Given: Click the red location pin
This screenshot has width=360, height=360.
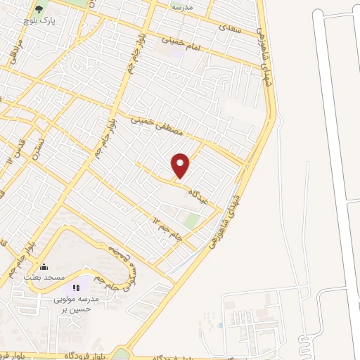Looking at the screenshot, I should click(x=181, y=165).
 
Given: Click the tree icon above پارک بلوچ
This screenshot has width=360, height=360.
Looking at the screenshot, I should click(x=39, y=10).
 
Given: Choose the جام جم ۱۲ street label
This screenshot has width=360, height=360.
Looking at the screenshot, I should click(x=168, y=229).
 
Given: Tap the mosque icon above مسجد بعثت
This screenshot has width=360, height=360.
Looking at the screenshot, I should click(x=44, y=267).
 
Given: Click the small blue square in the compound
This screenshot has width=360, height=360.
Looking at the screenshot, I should click(x=220, y=326).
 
